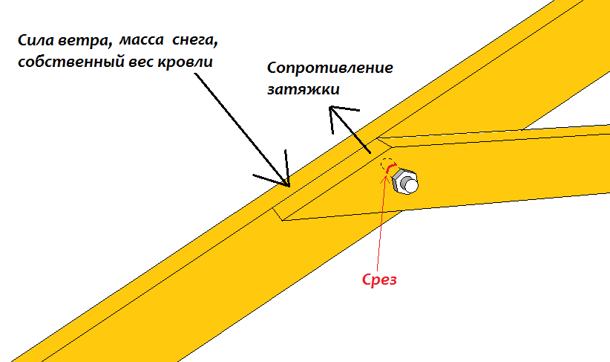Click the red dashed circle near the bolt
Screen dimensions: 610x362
tap(387, 164)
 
